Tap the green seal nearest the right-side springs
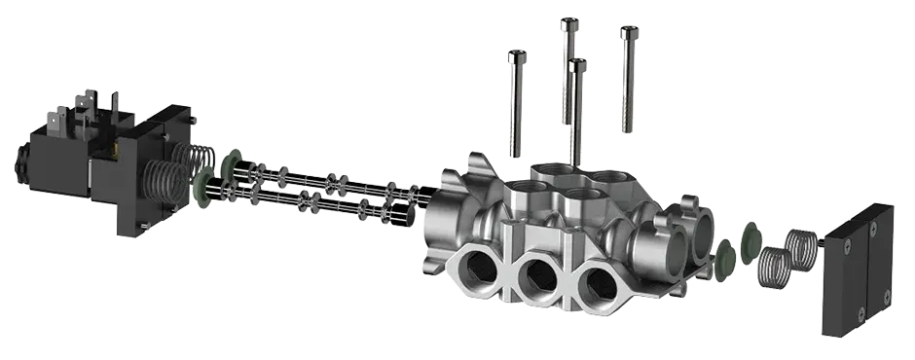pyautogui.click(x=751, y=237)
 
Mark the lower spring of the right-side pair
pyautogui.click(x=775, y=265)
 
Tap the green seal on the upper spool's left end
pyautogui.click(x=233, y=160)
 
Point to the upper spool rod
pyautogui.click(x=321, y=178)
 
